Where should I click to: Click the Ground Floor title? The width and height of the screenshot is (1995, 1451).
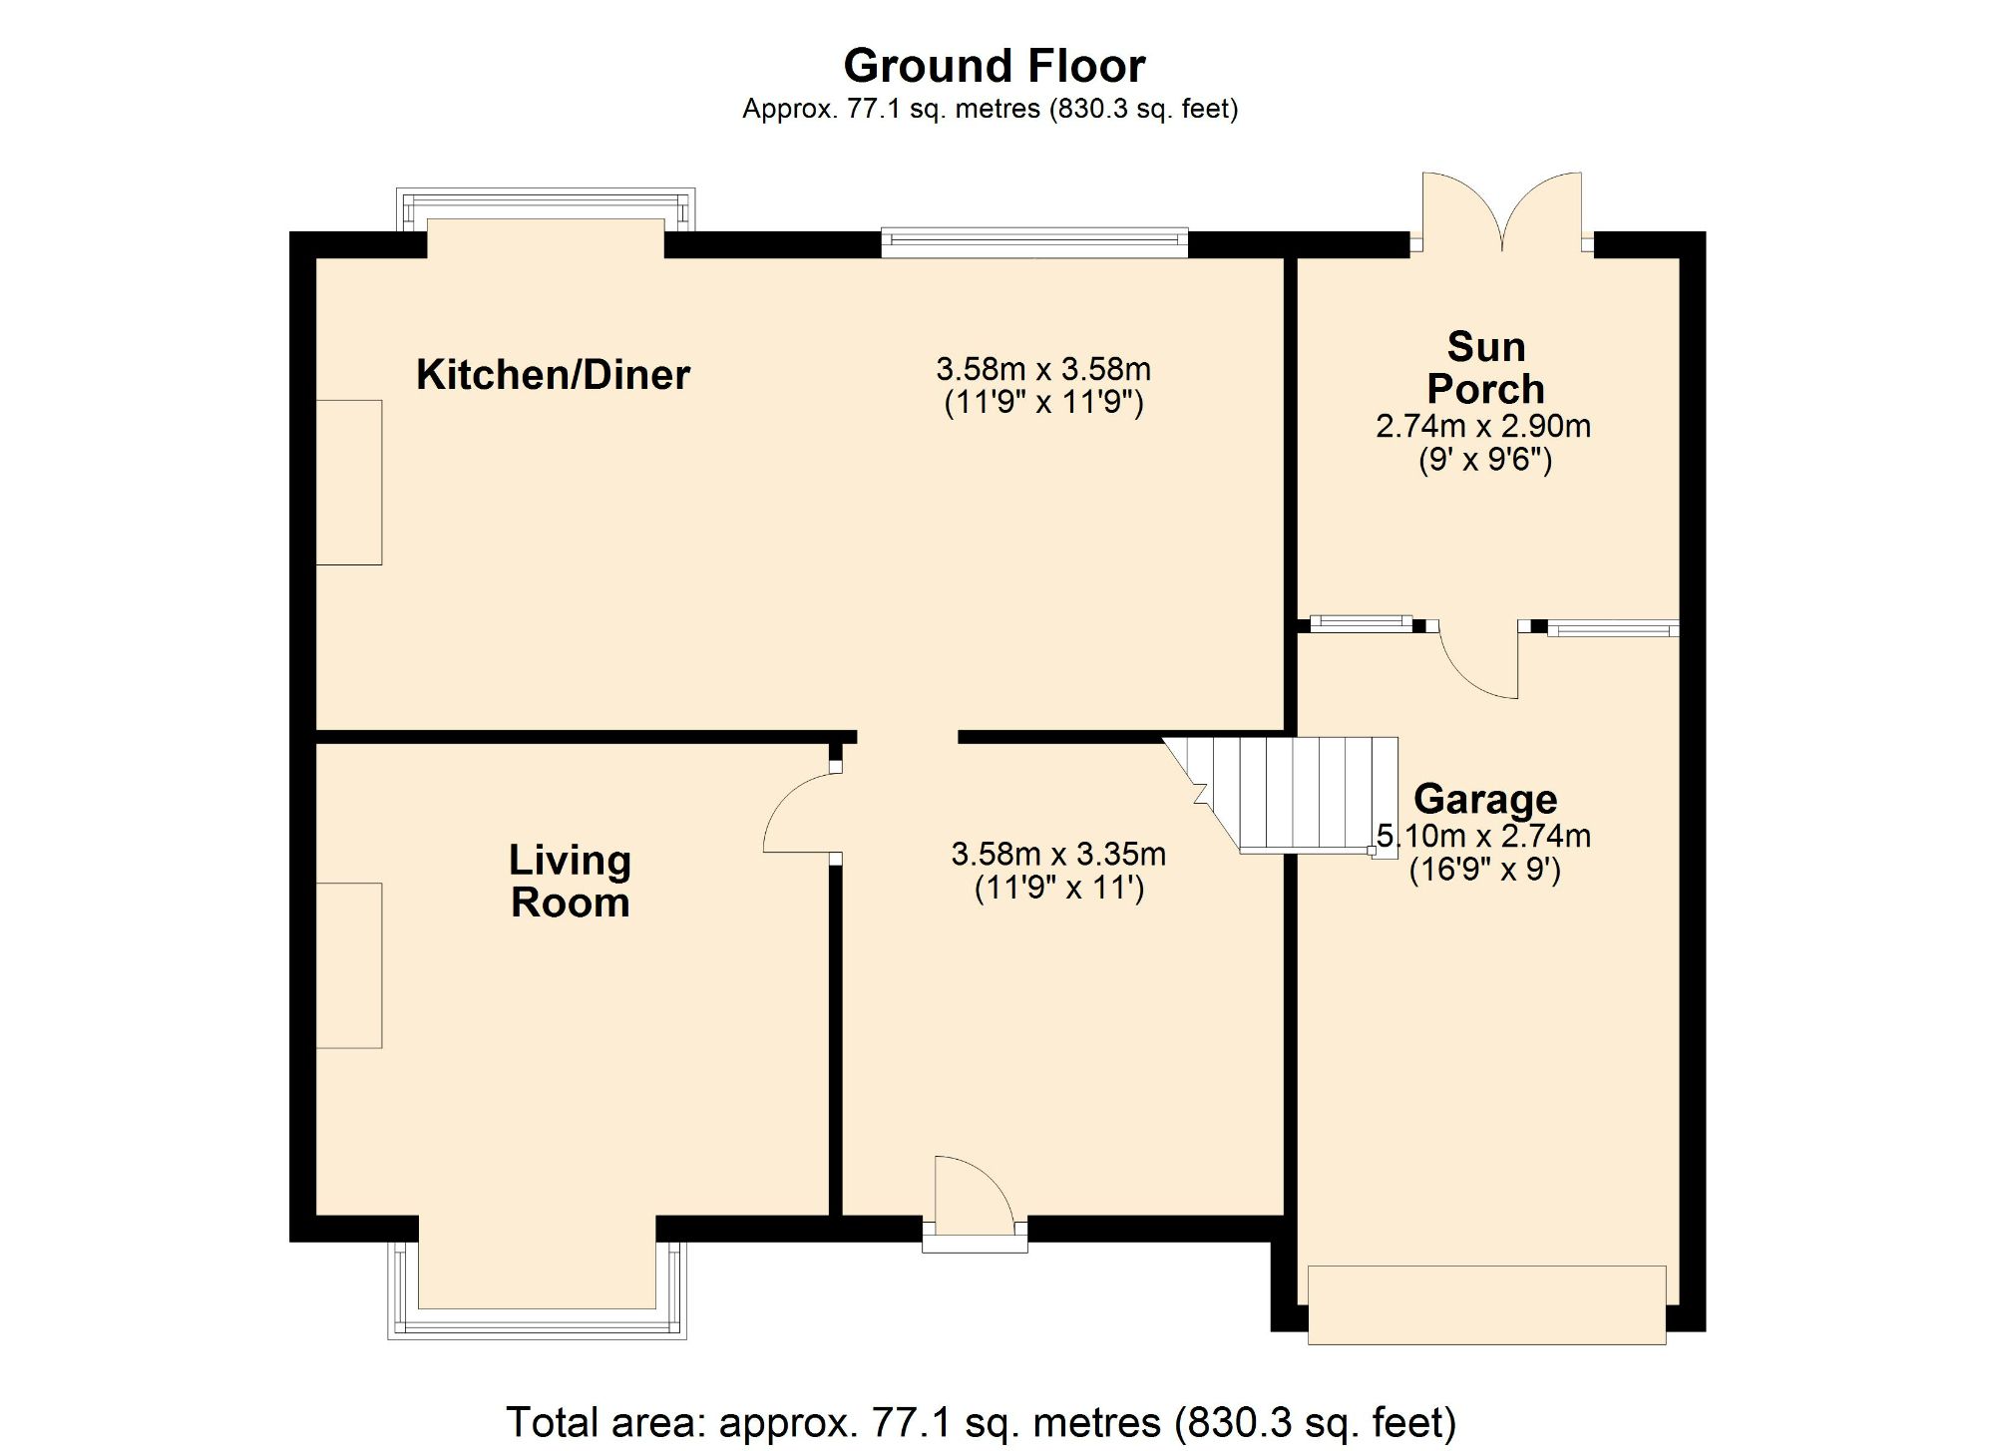[994, 67]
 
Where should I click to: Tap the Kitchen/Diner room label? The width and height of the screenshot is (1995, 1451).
[553, 375]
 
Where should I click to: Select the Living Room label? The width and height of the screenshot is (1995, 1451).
[570, 882]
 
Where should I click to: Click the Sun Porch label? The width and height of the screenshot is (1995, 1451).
[1485, 368]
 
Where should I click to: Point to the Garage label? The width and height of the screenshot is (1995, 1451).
[1484, 799]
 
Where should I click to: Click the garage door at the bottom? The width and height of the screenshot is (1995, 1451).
[1486, 1304]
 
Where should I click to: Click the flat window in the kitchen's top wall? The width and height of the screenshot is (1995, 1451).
[1034, 242]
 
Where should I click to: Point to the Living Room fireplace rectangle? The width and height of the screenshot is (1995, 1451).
[349, 965]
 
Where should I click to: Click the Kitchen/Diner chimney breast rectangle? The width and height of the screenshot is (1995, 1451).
[349, 483]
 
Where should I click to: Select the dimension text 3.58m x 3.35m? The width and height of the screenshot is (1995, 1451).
[1058, 855]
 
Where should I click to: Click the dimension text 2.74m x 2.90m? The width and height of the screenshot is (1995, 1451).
[1483, 427]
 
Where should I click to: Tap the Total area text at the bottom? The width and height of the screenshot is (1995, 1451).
[981, 1421]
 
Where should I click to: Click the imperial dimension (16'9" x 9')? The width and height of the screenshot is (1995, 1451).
[1484, 870]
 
